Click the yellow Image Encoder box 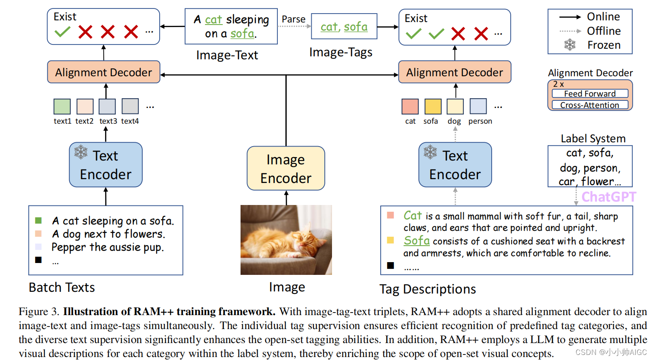[x=286, y=169]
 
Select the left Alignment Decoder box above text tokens [x=104, y=72]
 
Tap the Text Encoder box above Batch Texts [x=105, y=165]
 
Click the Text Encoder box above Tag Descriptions [x=455, y=165]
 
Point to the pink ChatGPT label [x=608, y=197]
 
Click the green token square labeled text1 [x=62, y=106]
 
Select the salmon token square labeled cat [x=410, y=106]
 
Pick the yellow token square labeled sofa [x=433, y=106]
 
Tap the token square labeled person [x=478, y=106]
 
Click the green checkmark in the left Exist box [x=63, y=32]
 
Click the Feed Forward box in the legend [x=590, y=94]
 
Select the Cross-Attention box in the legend [x=590, y=105]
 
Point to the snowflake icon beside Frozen [x=570, y=45]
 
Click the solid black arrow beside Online [x=570, y=17]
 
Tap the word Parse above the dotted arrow [x=293, y=19]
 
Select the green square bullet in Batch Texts [x=39, y=221]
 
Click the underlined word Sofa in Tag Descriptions [x=417, y=241]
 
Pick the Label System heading [x=593, y=138]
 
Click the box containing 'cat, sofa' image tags [x=344, y=27]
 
